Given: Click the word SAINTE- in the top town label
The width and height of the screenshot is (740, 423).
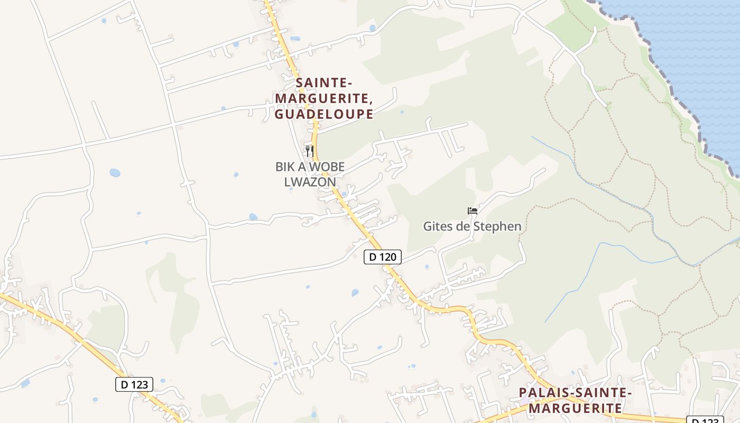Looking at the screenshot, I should coord(324,83).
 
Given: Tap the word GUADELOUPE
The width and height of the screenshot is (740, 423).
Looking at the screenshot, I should coord(324,114).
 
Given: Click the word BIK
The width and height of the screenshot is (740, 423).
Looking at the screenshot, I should coord(286,167).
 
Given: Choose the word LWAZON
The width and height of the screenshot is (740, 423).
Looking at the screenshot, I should coord(310,182).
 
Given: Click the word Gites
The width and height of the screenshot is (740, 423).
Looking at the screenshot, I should coord(438,227).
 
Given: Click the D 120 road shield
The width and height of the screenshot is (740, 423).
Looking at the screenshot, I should coord(383,257).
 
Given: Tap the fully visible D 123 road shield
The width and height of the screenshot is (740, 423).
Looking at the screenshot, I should coord(134,384).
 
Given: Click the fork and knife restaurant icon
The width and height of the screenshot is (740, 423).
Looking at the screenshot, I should coord(309,151).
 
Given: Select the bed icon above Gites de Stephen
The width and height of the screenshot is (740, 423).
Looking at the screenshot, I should coord(473,210).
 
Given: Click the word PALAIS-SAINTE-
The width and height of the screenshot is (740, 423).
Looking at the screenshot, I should coord(575,393).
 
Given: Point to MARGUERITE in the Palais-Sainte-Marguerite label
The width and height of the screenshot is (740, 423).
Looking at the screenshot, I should coord(575,408).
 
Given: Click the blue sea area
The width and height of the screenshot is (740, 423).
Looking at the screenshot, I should coord(698,53).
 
